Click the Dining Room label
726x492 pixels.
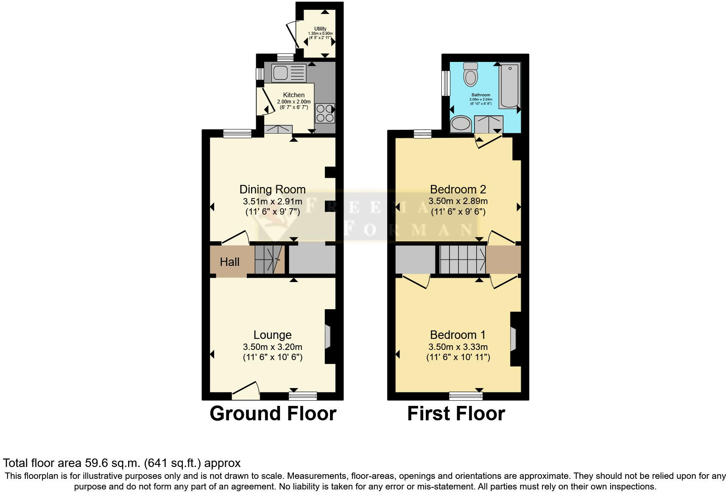(x=272, y=189)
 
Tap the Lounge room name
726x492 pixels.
(x=272, y=335)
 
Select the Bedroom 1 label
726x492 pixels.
(x=458, y=335)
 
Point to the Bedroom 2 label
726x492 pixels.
(x=458, y=189)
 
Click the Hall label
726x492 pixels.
(x=229, y=262)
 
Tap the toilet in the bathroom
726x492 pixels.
(x=470, y=75)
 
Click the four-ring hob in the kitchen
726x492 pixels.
(x=325, y=113)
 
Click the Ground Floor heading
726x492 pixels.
(x=273, y=414)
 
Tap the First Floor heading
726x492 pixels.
(x=456, y=414)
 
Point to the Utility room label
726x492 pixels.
(x=320, y=29)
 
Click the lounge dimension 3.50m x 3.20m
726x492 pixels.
(x=272, y=347)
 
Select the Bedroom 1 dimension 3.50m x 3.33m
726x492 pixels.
(x=458, y=347)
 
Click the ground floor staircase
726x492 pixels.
(x=269, y=259)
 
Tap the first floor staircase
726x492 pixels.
(x=462, y=259)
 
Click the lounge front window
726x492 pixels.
(x=303, y=396)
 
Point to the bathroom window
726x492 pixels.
(x=445, y=83)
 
